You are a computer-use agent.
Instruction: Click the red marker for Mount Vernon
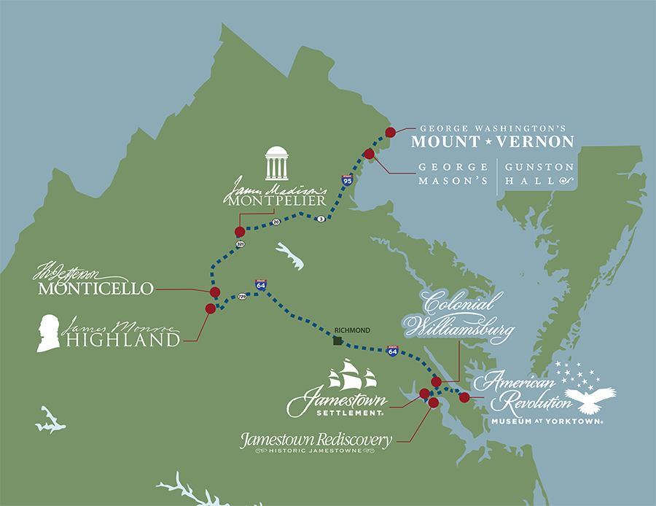(x=390, y=132)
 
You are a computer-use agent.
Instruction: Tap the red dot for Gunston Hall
(x=369, y=154)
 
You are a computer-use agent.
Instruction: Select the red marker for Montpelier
(x=239, y=232)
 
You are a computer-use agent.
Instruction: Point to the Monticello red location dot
(x=214, y=292)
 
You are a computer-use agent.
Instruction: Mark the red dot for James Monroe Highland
(x=210, y=308)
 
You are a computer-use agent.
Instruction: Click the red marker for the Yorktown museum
(x=464, y=397)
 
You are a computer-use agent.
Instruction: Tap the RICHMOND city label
(x=350, y=330)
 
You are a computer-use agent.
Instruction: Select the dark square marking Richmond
(x=337, y=340)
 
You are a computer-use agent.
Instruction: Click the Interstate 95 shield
(x=348, y=179)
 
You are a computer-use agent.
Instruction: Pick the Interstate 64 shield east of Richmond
(x=392, y=351)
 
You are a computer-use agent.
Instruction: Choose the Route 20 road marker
(x=276, y=222)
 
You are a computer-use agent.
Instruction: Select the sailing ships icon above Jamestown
(x=352, y=378)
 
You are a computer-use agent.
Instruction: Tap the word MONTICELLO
(x=95, y=289)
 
